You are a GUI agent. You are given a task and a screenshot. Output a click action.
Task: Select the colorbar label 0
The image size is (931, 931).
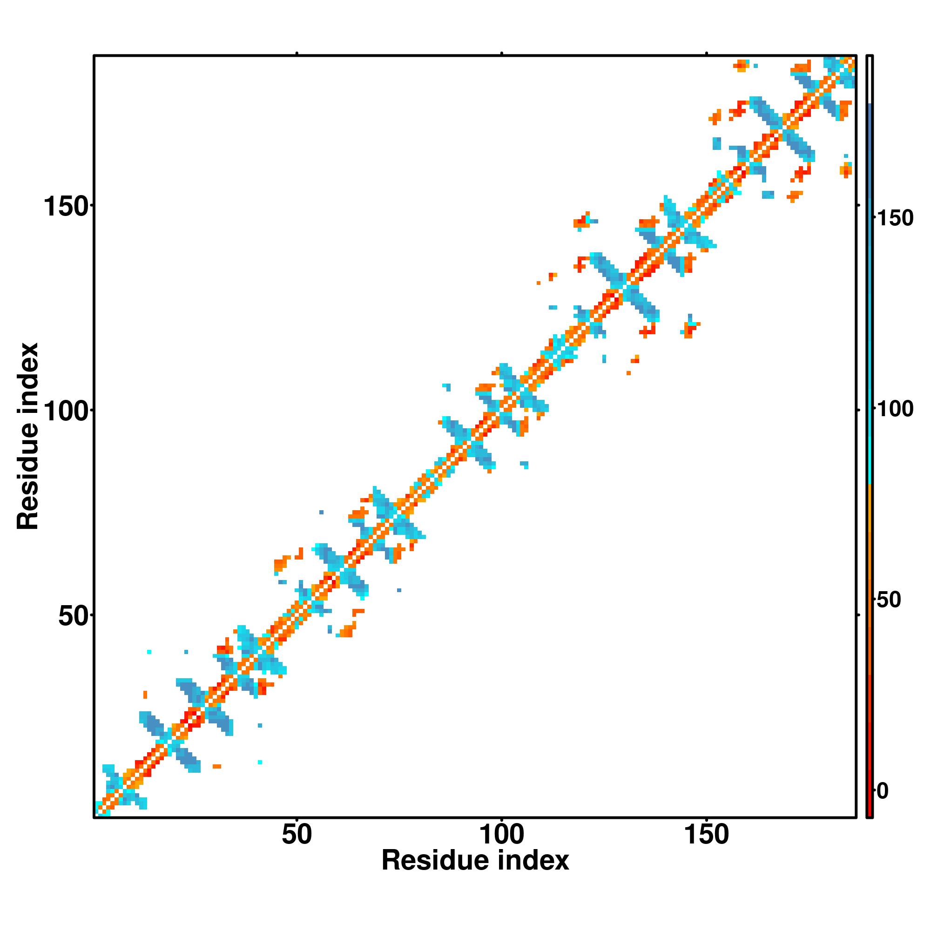882,791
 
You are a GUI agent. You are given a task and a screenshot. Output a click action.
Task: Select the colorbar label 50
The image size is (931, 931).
889,600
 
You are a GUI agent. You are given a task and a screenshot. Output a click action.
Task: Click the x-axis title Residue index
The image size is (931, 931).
475,861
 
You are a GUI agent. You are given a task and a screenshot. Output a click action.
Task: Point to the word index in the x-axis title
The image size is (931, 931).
533,861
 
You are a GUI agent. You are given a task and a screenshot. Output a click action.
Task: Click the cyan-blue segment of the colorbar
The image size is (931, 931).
870,289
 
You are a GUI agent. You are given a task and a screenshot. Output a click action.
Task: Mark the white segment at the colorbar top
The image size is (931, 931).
870,80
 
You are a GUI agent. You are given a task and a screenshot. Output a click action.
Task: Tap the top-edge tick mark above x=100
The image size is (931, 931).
502,53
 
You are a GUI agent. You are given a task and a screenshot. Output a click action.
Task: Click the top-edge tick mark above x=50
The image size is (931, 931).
297,53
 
